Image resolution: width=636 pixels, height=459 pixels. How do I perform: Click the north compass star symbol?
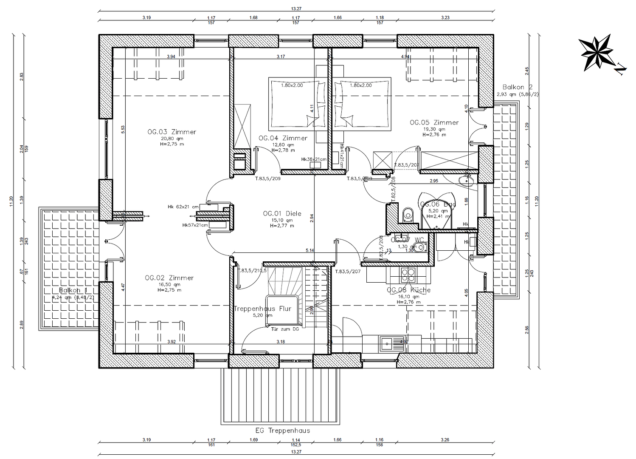596,53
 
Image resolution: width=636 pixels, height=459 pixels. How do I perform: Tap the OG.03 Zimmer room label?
172,132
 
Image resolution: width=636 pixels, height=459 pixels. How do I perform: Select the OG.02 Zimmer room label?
169,278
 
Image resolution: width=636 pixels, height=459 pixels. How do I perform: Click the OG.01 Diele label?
282,213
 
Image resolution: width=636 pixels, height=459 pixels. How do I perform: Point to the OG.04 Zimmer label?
283,138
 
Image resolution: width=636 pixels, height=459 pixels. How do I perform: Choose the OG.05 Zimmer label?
434,122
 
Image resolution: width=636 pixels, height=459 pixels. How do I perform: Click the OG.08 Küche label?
408,290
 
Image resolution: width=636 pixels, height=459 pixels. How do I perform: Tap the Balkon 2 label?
517,87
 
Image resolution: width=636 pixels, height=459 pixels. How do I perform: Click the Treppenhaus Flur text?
262,309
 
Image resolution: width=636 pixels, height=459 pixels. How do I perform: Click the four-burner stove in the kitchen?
408,275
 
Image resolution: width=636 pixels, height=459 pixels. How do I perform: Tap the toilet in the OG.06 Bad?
408,215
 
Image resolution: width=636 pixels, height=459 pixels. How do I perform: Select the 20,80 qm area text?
172,139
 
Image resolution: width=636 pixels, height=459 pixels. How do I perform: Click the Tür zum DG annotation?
285,329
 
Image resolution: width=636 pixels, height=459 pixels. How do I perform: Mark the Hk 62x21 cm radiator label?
183,207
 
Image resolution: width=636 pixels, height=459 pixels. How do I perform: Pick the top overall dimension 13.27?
296,8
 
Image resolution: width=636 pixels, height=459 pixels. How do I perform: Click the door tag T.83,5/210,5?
253,271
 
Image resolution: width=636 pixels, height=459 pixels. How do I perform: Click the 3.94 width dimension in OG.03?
171,57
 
